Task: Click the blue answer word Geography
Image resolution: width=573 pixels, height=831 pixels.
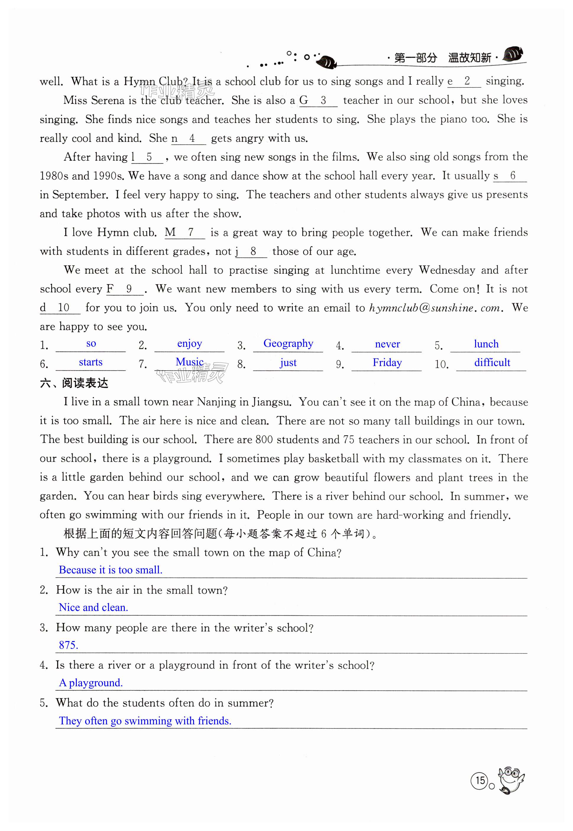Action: [x=288, y=343]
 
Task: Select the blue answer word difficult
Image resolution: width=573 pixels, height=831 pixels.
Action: [x=492, y=362]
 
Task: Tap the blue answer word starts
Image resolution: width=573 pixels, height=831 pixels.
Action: [x=90, y=362]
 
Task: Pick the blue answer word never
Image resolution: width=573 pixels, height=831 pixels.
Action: [x=387, y=344]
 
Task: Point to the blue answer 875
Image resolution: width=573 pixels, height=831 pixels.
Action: [x=68, y=645]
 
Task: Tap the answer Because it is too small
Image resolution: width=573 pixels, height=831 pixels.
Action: [x=111, y=570]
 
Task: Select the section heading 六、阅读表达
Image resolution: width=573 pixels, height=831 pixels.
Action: [x=74, y=383]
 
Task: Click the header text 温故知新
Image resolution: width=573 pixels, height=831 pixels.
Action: [x=469, y=58]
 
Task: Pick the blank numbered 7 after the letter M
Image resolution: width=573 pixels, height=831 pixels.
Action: [x=190, y=232]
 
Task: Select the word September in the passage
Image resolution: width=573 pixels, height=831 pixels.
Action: [x=80, y=195]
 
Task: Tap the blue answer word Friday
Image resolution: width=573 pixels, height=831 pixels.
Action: [x=387, y=362]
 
